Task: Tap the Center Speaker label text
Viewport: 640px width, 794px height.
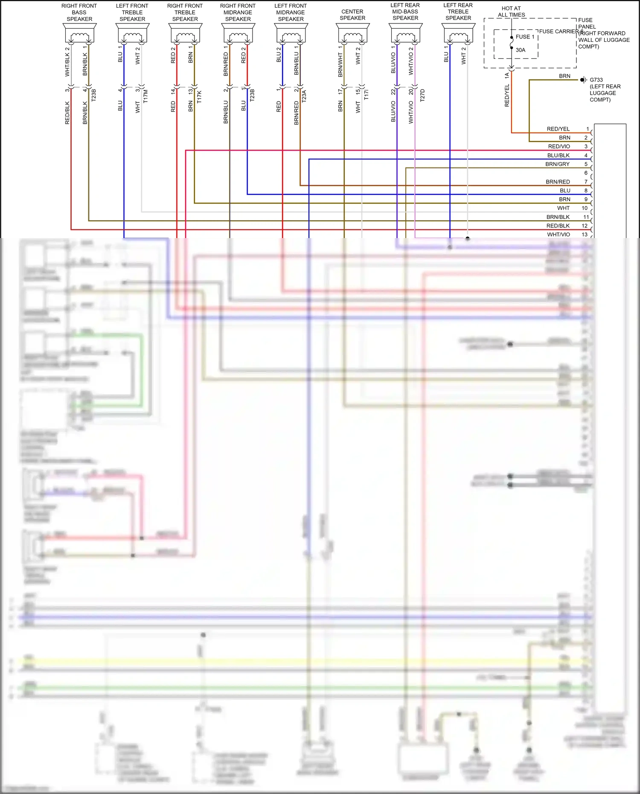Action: coord(352,15)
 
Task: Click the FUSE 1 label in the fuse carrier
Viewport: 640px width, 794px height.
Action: coord(525,37)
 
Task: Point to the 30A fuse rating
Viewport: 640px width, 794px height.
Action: coord(520,50)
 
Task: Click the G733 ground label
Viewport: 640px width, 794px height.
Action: coord(596,80)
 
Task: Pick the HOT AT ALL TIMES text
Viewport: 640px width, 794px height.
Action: coord(511,12)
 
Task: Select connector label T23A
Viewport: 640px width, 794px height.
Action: coord(304,96)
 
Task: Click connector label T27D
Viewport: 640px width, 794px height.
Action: coord(422,95)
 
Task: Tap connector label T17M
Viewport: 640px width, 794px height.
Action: coord(145,96)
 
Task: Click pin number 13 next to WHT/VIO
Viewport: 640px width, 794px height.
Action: coord(585,234)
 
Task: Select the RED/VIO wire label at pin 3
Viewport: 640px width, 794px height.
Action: coord(559,146)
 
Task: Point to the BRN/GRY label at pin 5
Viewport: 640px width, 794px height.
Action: coord(557,164)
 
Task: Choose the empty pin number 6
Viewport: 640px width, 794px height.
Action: coord(586,173)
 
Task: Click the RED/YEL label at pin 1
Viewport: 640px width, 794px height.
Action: coord(558,129)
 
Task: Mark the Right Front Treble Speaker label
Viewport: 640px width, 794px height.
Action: coord(185,12)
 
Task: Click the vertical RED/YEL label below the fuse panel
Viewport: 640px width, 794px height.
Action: coord(507,95)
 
